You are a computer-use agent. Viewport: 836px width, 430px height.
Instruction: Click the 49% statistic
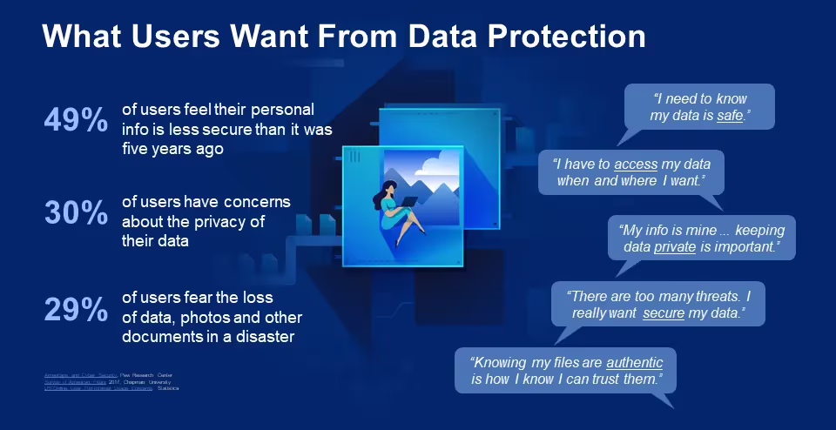(x=76, y=121)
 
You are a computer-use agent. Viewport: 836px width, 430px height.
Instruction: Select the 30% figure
(x=76, y=212)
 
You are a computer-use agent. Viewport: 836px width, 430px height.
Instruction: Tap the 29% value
(x=76, y=308)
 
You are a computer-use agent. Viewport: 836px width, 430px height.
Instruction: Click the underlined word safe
(x=730, y=116)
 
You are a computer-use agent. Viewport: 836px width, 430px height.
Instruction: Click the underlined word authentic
(x=634, y=362)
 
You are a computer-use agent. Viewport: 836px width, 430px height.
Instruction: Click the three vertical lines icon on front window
(x=354, y=156)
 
